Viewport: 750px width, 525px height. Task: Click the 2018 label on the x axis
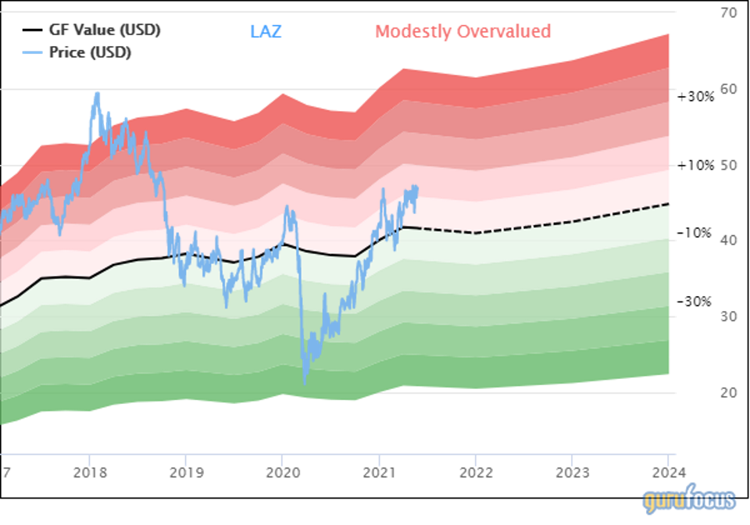click(x=90, y=473)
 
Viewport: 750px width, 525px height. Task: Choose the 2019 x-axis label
click(x=186, y=473)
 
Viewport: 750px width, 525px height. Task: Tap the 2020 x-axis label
click(x=283, y=473)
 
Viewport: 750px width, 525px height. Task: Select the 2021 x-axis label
click(x=379, y=473)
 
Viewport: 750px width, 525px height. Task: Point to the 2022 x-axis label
click(x=476, y=473)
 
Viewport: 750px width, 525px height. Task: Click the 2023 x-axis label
click(x=572, y=473)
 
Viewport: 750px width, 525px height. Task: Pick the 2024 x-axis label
click(x=669, y=473)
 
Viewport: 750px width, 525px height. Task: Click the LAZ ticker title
click(x=266, y=32)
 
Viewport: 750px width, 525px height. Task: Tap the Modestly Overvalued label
click(x=463, y=32)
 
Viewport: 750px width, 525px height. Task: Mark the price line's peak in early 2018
click(x=97, y=93)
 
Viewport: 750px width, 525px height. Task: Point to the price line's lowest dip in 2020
click(x=305, y=383)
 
